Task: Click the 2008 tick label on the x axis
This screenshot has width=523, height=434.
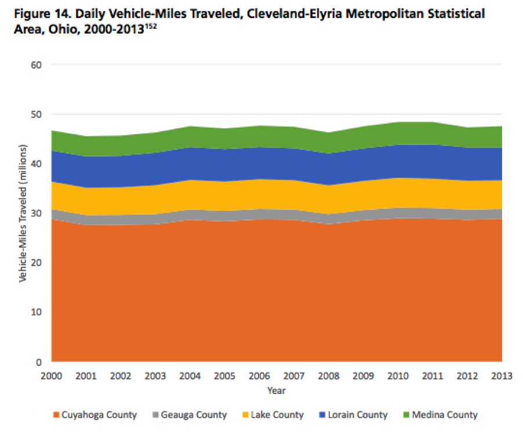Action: tap(328, 376)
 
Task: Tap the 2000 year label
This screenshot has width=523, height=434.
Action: tap(51, 376)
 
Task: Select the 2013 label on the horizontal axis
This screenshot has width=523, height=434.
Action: tap(501, 376)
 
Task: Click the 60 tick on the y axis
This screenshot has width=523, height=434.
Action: tap(37, 65)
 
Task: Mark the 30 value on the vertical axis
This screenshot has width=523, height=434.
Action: tap(37, 214)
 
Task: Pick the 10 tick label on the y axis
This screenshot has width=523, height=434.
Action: tap(37, 312)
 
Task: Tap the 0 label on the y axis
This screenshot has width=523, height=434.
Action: tap(39, 362)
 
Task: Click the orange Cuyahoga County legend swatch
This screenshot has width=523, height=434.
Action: tap(56, 415)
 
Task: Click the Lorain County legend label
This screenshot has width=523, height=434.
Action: tap(357, 415)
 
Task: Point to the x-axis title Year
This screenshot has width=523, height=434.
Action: tap(276, 391)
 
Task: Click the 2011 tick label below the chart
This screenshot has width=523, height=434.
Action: tap(432, 376)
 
